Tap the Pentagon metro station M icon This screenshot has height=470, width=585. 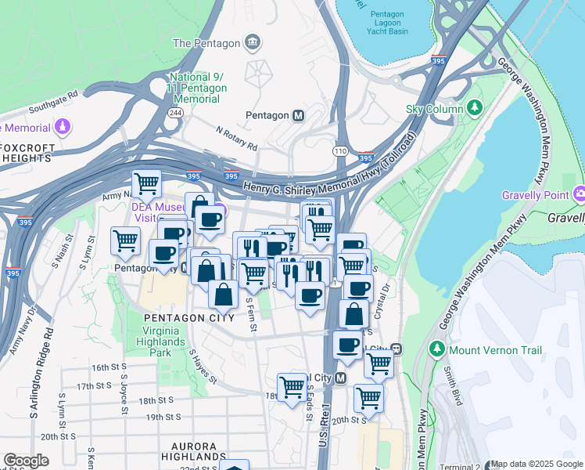(298, 116)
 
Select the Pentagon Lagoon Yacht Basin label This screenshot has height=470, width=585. (387, 24)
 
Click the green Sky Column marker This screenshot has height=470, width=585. (474, 108)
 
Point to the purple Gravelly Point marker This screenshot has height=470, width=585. (580, 193)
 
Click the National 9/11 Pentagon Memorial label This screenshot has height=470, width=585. (198, 89)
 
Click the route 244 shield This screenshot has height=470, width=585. (175, 113)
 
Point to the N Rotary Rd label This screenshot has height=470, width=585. (236, 139)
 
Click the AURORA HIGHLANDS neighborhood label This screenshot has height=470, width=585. (194, 455)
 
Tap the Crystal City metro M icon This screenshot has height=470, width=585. (340, 378)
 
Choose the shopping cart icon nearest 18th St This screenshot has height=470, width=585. (292, 386)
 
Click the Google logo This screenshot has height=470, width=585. (26, 461)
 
